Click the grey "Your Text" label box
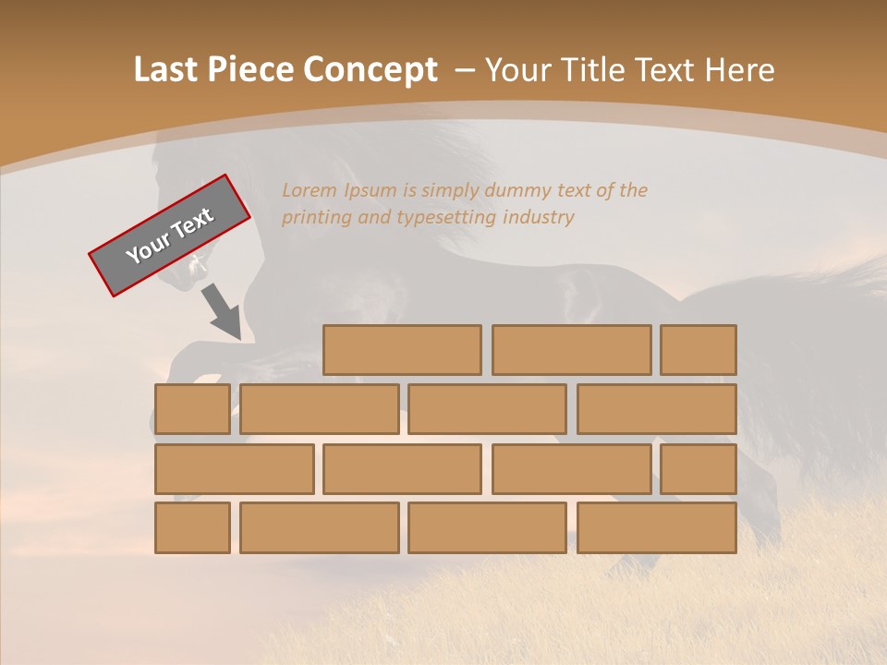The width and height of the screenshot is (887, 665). [170, 236]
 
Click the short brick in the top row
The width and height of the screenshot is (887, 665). [699, 350]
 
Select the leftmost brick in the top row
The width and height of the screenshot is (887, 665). [402, 350]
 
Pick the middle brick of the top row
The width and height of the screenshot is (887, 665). [571, 350]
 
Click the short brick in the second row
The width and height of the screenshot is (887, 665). [192, 409]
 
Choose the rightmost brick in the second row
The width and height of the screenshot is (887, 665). [657, 409]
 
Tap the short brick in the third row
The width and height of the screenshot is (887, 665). [699, 469]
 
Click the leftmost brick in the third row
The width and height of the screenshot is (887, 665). [234, 469]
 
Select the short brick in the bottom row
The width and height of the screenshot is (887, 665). [192, 528]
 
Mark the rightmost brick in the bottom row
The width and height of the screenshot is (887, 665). [657, 528]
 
